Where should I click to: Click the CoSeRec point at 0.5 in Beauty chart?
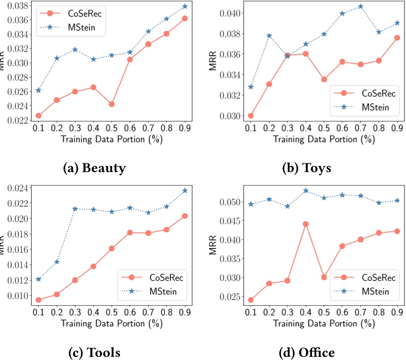pyautogui.click(x=112, y=104)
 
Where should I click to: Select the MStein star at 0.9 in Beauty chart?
pyautogui.click(x=185, y=6)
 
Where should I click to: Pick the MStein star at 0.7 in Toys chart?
pyautogui.click(x=360, y=7)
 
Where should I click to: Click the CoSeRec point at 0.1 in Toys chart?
pyautogui.click(x=251, y=116)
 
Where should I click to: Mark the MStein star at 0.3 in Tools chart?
pyautogui.click(x=75, y=209)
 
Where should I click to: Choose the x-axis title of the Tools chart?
pyautogui.click(x=106, y=323)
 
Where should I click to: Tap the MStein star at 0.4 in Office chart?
pyautogui.click(x=306, y=191)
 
